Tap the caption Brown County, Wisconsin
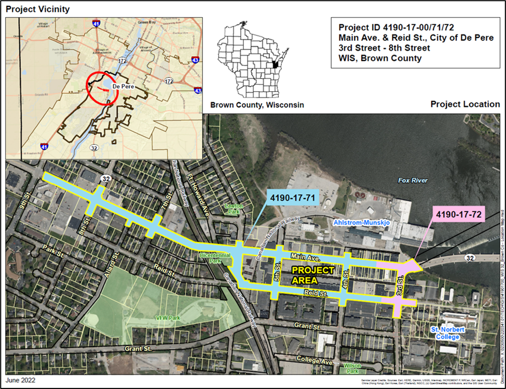(257, 105)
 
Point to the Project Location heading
(465, 104)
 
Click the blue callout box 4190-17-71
(292, 198)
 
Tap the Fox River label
(413, 180)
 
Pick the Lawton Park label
(234, 209)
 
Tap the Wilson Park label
(353, 368)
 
